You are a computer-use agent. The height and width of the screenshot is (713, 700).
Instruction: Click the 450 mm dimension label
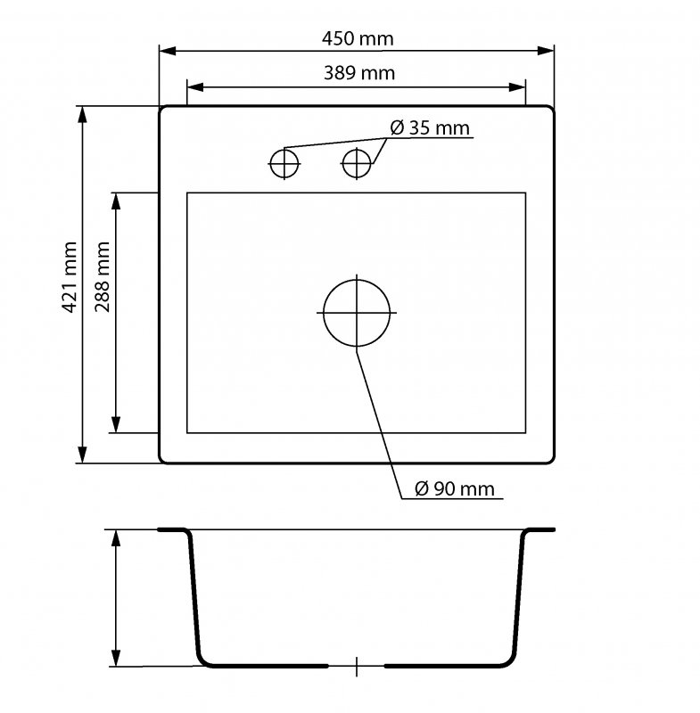(x=358, y=38)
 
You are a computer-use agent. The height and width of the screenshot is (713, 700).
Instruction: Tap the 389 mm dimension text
(x=358, y=73)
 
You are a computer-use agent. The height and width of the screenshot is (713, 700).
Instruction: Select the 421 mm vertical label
(x=70, y=277)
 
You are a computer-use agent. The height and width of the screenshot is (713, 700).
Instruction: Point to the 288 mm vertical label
(x=103, y=277)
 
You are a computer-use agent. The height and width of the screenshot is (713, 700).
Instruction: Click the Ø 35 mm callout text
(x=430, y=127)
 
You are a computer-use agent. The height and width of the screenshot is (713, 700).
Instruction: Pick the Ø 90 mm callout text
(x=455, y=488)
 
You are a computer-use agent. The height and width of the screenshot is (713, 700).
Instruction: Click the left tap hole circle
(x=284, y=150)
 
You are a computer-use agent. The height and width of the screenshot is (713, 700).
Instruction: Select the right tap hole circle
(x=357, y=149)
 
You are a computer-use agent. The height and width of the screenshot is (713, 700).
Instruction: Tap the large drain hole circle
(x=357, y=280)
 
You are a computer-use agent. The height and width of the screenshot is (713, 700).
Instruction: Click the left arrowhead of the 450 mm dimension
(x=167, y=51)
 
